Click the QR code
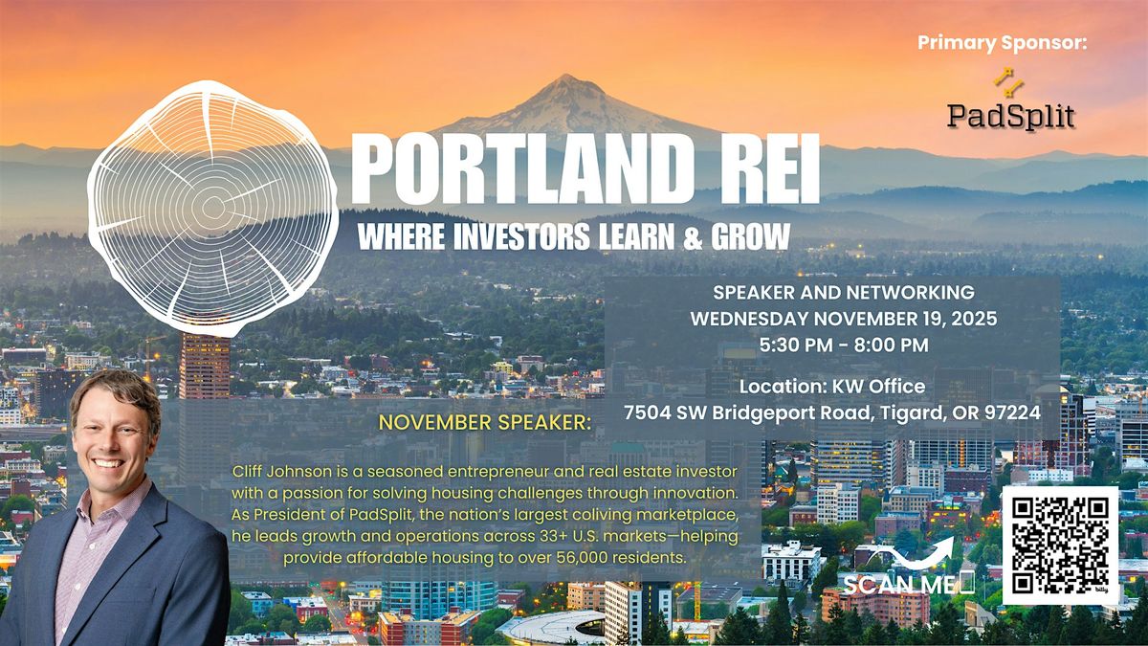click(1059, 546)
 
